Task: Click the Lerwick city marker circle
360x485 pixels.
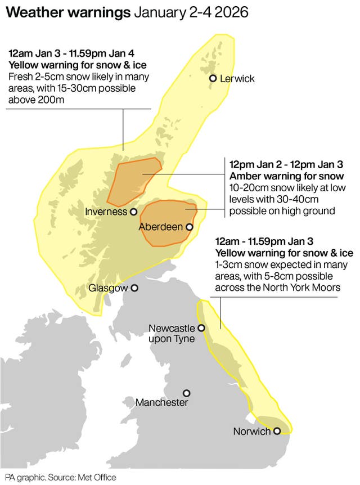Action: pos(213,79)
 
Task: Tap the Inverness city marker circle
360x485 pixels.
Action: pos(134,212)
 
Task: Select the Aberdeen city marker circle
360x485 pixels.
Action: pos(190,227)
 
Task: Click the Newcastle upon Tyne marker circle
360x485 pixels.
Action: pos(201,328)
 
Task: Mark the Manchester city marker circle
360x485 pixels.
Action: pos(187,393)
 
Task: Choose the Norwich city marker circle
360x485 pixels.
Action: pos(277,431)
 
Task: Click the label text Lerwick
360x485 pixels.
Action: pos(237,79)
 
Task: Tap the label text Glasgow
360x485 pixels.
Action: pos(108,288)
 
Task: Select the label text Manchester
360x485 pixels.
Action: pos(161,403)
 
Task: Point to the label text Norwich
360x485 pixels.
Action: pos(251,432)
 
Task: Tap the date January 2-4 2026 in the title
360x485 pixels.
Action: pos(190,12)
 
